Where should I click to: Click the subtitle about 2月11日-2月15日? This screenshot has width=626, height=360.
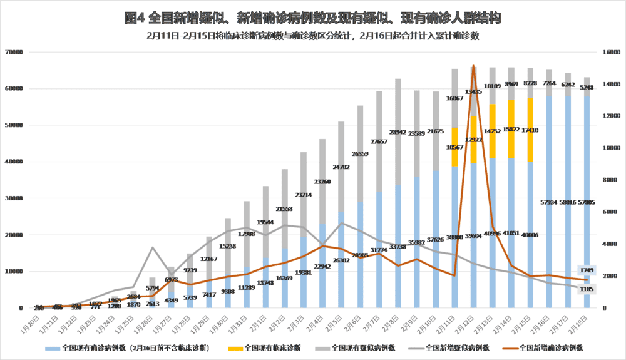(312, 36)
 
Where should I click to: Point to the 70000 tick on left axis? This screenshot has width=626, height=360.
(13, 53)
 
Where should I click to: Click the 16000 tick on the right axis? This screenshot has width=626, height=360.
(610, 53)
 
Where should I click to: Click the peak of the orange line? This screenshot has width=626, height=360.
(473, 65)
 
